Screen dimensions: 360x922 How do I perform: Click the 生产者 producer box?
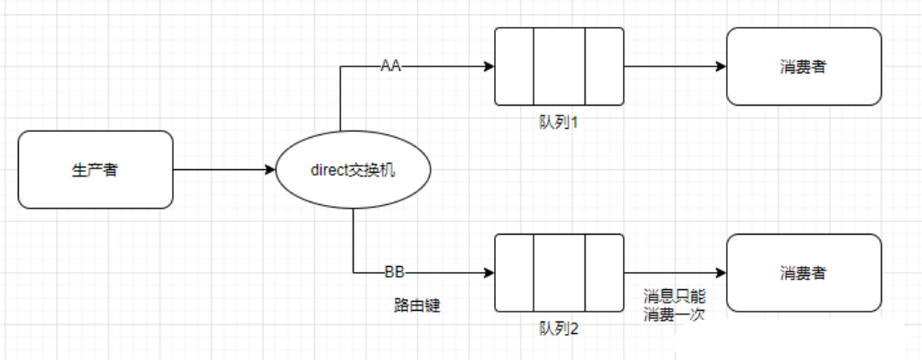pyautogui.click(x=95, y=169)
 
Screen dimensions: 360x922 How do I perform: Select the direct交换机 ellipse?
pyautogui.click(x=354, y=169)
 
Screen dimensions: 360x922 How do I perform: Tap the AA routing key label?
pyautogui.click(x=390, y=66)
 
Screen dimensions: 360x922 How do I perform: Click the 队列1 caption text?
pyautogui.click(x=558, y=122)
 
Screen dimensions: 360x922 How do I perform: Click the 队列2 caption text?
pyautogui.click(x=559, y=328)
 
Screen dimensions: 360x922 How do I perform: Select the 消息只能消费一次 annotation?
pyautogui.click(x=674, y=304)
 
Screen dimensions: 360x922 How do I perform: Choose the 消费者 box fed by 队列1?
pyautogui.click(x=803, y=66)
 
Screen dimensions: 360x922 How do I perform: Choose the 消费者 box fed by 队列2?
pyautogui.click(x=803, y=272)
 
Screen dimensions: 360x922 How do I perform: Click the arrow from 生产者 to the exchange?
pyautogui.click(x=224, y=169)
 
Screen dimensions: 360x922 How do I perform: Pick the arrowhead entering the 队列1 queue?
pyautogui.click(x=489, y=66)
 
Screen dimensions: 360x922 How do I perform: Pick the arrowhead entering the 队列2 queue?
pyautogui.click(x=489, y=272)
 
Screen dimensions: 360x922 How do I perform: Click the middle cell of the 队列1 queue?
pyautogui.click(x=559, y=66)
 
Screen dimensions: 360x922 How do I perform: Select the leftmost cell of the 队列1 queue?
pyautogui.click(x=514, y=66)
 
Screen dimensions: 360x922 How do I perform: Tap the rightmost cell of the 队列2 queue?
pyautogui.click(x=604, y=272)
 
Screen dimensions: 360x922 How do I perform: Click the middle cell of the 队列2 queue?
pyautogui.click(x=559, y=272)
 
